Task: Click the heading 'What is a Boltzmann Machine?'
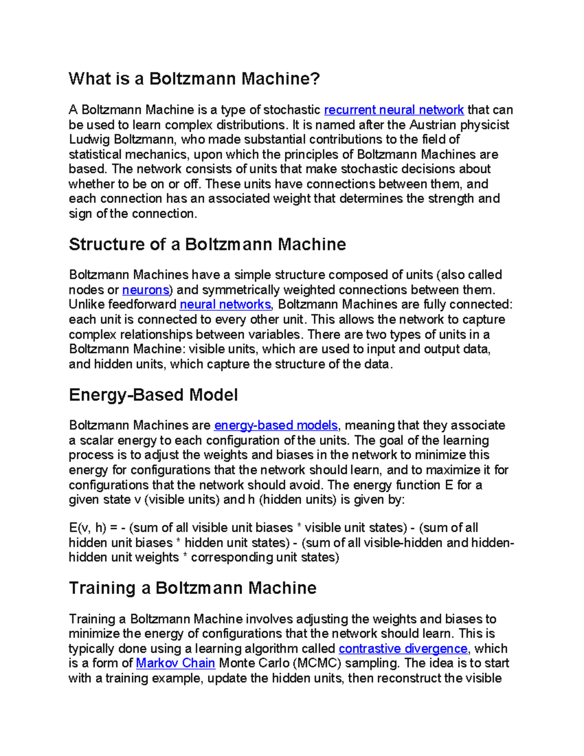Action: coord(194,79)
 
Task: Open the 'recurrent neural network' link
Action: coord(394,110)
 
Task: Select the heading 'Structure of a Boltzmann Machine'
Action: coord(207,244)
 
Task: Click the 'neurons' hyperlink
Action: coord(146,290)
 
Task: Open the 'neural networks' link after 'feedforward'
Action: coord(225,305)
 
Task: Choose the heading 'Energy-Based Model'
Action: coord(153,395)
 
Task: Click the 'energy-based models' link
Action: coord(276,425)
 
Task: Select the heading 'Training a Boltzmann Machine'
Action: coord(193,588)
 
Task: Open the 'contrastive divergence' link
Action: coord(403,649)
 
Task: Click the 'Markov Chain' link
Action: coord(175,664)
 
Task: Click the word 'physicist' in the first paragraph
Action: coord(485,125)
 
